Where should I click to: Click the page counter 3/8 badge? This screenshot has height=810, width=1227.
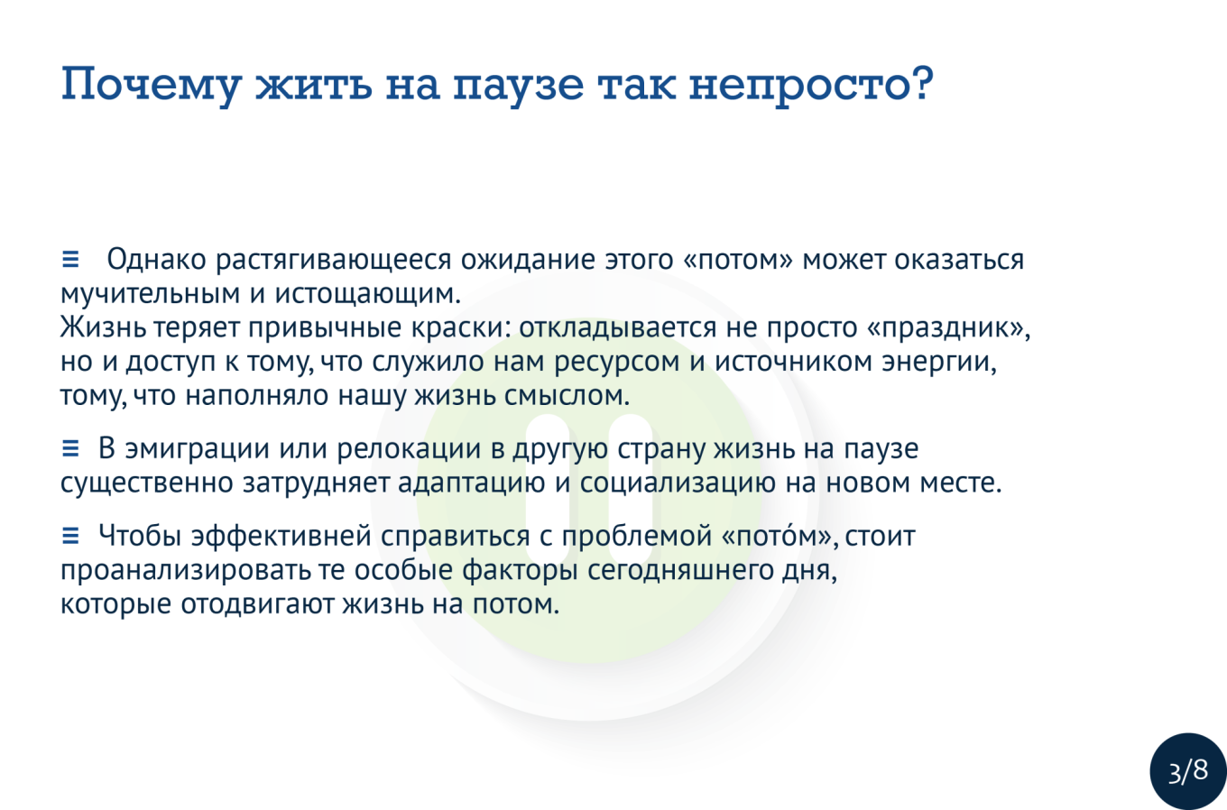pyautogui.click(x=1188, y=771)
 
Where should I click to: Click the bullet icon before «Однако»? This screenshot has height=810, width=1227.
pyautogui.click(x=70, y=259)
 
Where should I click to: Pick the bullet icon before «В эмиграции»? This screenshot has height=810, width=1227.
pyautogui.click(x=70, y=448)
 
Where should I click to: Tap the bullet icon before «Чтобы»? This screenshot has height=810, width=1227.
pyautogui.click(x=70, y=535)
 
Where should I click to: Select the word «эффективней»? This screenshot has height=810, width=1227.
pyautogui.click(x=281, y=537)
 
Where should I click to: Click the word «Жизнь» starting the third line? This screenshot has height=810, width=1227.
pyautogui.click(x=103, y=327)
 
